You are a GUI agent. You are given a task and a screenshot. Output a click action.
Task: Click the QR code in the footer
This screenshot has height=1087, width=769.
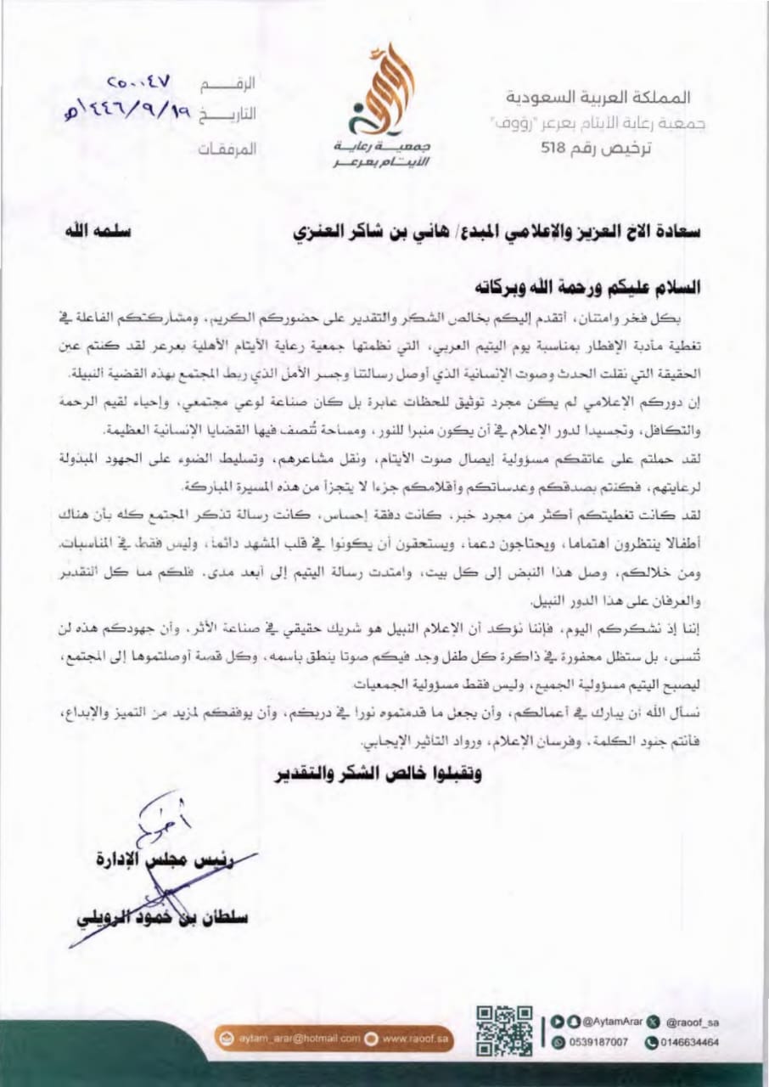click(x=504, y=1029)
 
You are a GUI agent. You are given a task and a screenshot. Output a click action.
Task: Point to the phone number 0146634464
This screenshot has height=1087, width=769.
click(x=683, y=1040)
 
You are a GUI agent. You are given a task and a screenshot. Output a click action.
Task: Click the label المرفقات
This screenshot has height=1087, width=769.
click(x=227, y=148)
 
